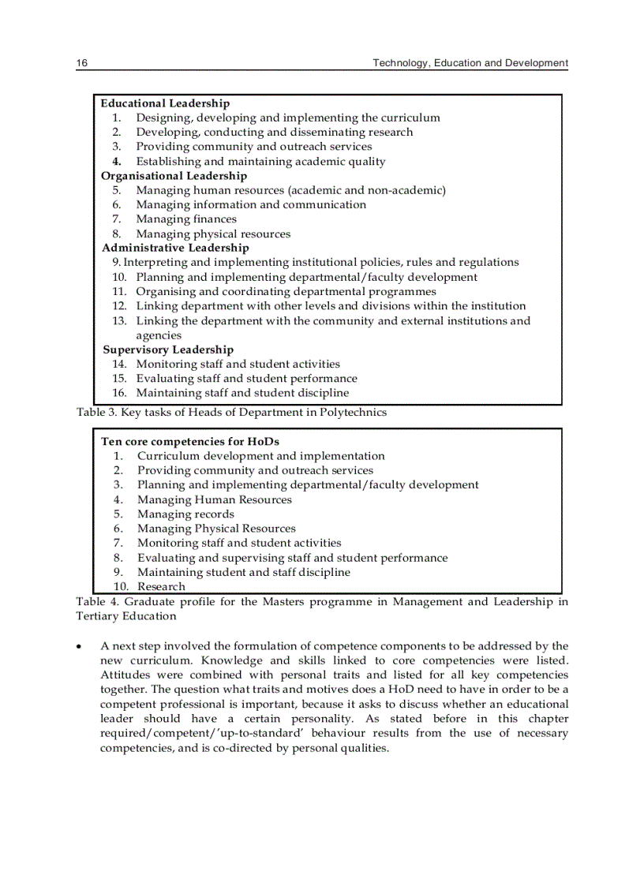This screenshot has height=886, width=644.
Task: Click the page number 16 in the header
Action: coord(81,63)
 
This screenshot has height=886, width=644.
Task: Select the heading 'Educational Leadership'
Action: coord(165,103)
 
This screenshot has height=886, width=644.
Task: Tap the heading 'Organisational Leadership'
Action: coord(174,176)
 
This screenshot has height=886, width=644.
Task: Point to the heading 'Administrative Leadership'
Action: coord(175,248)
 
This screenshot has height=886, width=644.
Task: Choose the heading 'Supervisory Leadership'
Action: coord(168,350)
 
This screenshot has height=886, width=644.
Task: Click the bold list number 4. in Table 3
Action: coord(116,162)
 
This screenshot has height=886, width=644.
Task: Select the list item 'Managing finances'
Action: coord(185,219)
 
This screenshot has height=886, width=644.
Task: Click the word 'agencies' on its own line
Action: coord(159,335)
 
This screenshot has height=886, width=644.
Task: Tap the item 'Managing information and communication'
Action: coord(251,204)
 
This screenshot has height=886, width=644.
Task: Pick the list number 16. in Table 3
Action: coord(119,393)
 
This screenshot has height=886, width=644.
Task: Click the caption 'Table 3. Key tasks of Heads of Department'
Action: coord(231,412)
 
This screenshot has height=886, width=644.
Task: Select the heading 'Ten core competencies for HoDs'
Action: coord(190,442)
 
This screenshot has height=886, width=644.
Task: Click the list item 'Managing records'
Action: coord(185,514)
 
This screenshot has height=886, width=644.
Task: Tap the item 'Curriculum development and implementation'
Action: coord(260,456)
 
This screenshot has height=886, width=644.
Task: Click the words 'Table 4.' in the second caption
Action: coord(97,602)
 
